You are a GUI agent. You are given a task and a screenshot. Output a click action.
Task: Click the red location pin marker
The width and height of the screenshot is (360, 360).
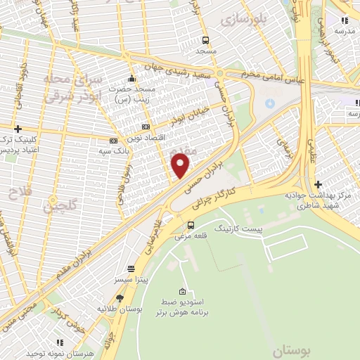point(181,165)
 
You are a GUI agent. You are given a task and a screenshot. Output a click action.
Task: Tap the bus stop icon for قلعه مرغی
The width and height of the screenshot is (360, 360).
point(191,225)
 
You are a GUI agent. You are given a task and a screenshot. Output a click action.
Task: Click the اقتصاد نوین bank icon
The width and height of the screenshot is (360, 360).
point(146,127)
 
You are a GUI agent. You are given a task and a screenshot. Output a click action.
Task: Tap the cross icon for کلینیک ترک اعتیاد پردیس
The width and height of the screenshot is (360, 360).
point(18,129)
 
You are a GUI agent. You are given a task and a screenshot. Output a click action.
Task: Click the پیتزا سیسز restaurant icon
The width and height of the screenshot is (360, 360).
point(131,269)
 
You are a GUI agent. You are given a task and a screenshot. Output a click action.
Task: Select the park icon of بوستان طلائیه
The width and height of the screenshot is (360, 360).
point(120,298)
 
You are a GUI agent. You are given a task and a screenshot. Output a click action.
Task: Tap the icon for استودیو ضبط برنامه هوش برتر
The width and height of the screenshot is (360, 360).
point(183,292)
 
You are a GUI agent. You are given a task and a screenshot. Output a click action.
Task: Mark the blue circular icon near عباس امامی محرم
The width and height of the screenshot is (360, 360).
point(269,104)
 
